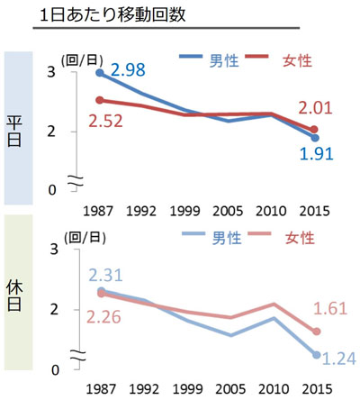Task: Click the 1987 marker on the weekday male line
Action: point(99,72)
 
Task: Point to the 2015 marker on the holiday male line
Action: point(315,355)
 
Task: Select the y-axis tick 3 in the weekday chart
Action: point(52,72)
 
